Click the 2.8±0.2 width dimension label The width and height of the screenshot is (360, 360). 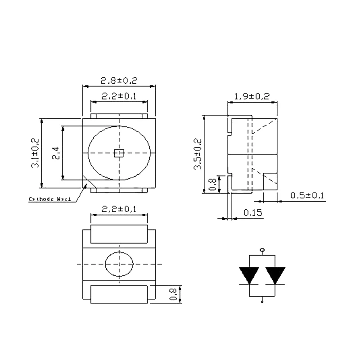[119, 81]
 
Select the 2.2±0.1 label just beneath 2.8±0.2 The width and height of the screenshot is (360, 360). [119, 96]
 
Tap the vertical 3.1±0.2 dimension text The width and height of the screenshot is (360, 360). [35, 153]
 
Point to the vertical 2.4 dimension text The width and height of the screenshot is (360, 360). [55, 153]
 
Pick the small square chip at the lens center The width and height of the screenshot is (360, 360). [119, 153]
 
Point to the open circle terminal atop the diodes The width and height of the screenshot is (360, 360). [262, 249]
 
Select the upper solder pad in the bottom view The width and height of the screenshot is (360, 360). [119, 234]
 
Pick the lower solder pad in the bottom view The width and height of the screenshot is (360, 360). [119, 294]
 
